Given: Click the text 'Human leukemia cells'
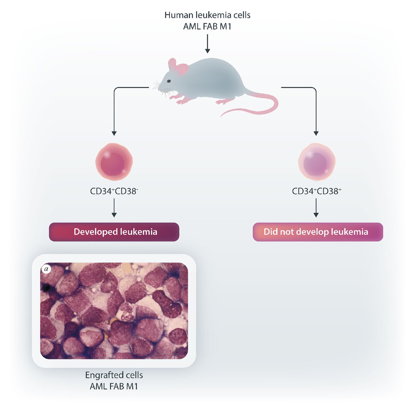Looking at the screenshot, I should click(207, 15).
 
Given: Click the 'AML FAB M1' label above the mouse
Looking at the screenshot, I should click(207, 26).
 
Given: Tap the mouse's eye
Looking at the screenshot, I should click(169, 81).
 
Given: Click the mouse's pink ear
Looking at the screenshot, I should click(180, 68).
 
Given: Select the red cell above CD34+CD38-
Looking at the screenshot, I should click(114, 162).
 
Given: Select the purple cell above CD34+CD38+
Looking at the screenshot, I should click(316, 162).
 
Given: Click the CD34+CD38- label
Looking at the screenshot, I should click(114, 191).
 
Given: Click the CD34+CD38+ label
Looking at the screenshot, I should click(316, 191).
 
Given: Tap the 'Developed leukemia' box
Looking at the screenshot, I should click(114, 232).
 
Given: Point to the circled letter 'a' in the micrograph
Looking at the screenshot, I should click(45, 269).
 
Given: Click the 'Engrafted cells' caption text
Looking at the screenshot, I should click(114, 375).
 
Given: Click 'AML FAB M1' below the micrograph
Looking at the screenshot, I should click(114, 386).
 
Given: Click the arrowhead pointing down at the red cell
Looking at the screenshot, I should click(114, 133).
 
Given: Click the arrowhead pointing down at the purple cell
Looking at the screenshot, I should click(316, 133).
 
